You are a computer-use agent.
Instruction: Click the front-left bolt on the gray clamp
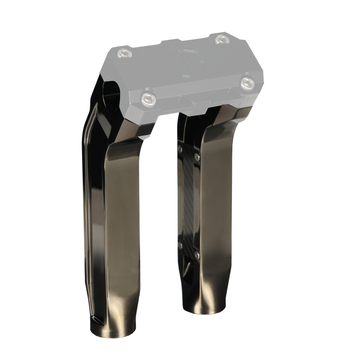point(149,98)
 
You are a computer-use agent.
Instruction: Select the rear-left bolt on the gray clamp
point(126,50)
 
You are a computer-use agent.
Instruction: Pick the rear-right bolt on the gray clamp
point(221,40)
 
